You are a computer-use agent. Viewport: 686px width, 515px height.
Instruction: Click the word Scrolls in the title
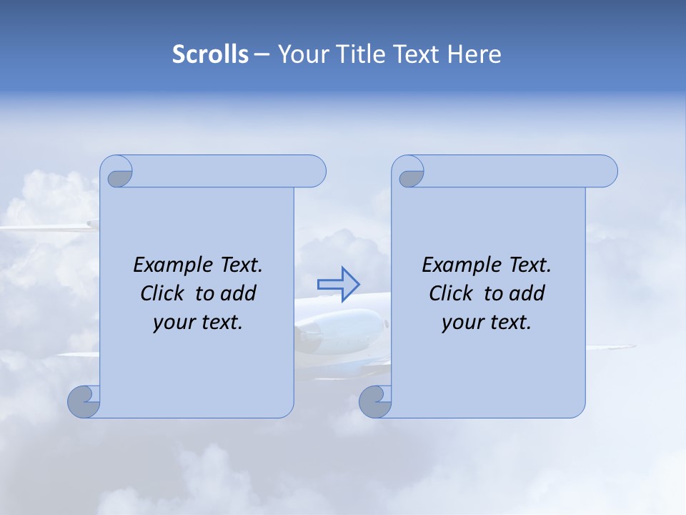[x=210, y=54]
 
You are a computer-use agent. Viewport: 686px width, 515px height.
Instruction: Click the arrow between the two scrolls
[x=338, y=284]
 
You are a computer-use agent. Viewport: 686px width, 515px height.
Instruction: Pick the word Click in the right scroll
[x=451, y=293]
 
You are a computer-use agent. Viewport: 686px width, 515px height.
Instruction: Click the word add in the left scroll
[x=239, y=293]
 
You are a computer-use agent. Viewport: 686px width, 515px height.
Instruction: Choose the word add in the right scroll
[x=528, y=293]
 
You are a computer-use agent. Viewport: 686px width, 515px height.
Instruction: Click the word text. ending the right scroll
[x=508, y=322]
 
